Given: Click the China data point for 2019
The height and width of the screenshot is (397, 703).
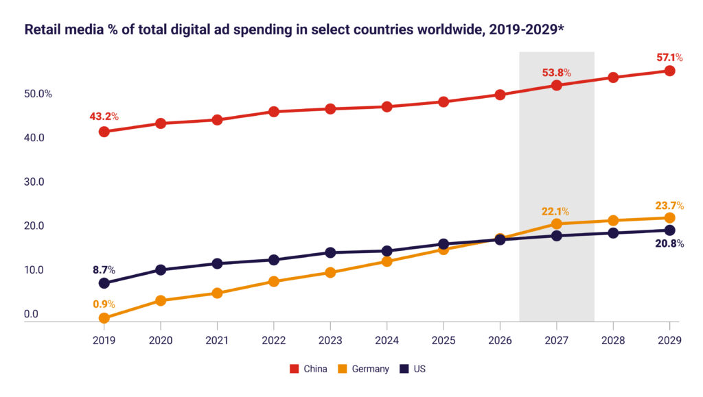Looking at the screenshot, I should (104, 132).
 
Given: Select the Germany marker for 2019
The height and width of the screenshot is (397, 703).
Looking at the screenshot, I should (104, 318).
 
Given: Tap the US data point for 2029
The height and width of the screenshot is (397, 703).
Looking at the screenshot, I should (670, 230).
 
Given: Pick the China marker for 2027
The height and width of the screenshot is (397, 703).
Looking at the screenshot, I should (557, 85).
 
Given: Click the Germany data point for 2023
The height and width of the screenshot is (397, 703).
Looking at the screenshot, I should (330, 272).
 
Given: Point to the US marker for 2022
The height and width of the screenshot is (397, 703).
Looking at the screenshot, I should (274, 260).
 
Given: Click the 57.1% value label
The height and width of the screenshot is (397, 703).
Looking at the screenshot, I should (669, 56).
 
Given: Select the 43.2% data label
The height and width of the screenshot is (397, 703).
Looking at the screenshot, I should (104, 117).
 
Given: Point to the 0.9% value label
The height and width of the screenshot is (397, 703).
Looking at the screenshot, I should (104, 304).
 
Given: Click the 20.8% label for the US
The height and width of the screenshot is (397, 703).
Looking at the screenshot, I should (669, 243).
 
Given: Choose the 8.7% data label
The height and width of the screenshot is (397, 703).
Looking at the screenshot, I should (104, 270).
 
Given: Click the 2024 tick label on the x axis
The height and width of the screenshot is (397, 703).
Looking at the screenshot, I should (387, 339).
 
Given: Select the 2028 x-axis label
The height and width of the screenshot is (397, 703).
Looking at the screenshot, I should (613, 339).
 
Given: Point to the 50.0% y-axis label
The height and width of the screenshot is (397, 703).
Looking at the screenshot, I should (39, 94).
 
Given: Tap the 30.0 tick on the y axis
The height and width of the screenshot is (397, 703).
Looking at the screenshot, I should (35, 182).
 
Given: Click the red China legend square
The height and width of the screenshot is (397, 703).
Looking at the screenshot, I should (294, 369).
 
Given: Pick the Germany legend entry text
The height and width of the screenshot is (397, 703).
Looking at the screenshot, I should (370, 369).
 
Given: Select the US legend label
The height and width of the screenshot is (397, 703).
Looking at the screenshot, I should (419, 369).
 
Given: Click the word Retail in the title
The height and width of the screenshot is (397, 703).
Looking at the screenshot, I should (42, 30).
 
